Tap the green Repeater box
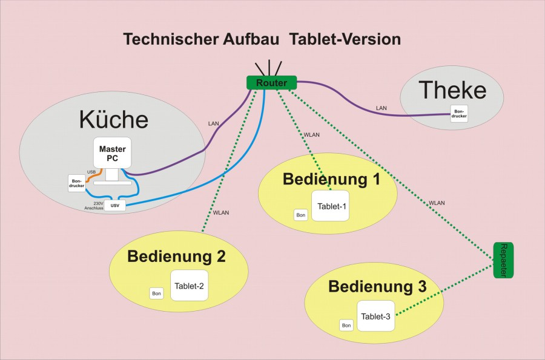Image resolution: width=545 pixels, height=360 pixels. [x=503, y=260]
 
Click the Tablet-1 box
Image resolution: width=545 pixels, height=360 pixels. [x=331, y=206]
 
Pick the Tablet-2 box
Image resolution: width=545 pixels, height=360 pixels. [x=190, y=285]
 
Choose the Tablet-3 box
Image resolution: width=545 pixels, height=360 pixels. [x=375, y=315]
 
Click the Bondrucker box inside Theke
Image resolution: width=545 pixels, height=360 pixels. [x=458, y=114]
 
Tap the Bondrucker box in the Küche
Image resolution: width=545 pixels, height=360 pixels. [x=76, y=183]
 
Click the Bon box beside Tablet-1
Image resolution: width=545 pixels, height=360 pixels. [x=300, y=215]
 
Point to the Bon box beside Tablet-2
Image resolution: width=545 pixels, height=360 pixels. [x=156, y=293]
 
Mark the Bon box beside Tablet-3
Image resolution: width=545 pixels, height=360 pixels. [x=346, y=326]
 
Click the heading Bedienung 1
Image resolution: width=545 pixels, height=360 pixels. [x=327, y=179]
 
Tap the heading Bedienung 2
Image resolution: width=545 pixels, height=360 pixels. [x=176, y=257]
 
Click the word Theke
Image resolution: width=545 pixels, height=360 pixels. [x=452, y=90]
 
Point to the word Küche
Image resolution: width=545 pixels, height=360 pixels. [x=113, y=119]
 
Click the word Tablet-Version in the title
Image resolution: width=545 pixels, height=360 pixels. [x=345, y=40]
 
